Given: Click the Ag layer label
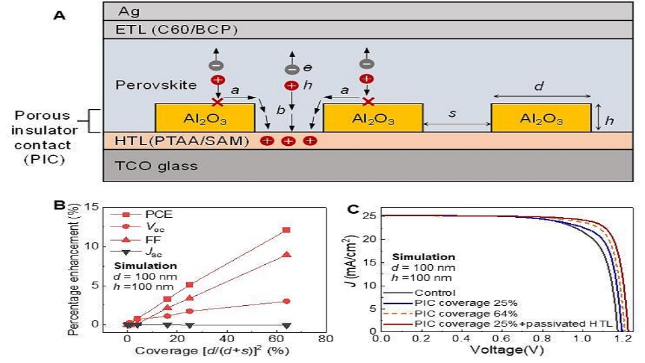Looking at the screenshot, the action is click(128, 11).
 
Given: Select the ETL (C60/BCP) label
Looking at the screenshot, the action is click(177, 30).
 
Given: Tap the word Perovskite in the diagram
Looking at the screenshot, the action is click(156, 85).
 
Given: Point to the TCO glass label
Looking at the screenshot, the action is click(156, 166).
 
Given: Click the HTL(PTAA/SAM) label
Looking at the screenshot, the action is click(182, 140).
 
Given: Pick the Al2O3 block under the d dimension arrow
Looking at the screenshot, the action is click(541, 118).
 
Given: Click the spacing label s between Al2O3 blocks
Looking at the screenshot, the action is click(452, 113).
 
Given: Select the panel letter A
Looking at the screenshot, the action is click(60, 15).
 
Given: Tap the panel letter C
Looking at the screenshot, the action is click(353, 209).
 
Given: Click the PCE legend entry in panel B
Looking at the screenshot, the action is click(141, 214).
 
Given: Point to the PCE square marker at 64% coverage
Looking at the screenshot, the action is click(287, 230).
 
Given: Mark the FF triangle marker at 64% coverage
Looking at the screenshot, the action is click(287, 254).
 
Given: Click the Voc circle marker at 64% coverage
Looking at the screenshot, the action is click(287, 301).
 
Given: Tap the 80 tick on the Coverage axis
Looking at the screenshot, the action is click(325, 339).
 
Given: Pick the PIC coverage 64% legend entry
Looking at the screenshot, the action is click(450, 314).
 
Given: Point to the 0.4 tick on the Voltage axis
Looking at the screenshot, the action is click(461, 339).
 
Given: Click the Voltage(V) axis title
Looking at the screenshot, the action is click(507, 350).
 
